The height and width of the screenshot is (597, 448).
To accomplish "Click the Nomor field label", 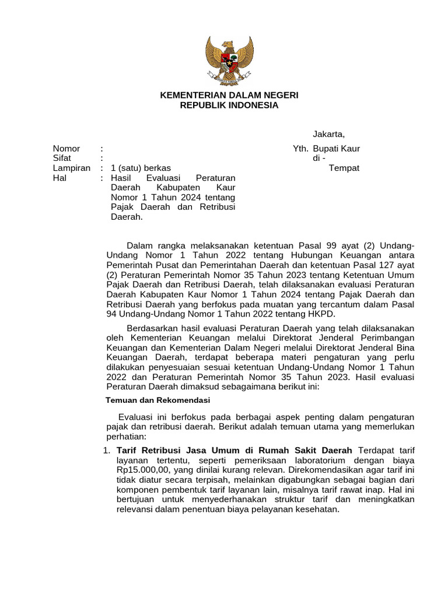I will pyautogui.click(x=66, y=149).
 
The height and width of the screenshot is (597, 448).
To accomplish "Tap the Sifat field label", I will pyautogui.click(x=62, y=158).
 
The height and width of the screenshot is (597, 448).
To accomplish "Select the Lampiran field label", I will pyautogui.click(x=71, y=168).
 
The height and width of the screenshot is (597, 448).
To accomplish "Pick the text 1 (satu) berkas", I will pyautogui.click(x=141, y=168).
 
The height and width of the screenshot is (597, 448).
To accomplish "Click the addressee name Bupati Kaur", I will pyautogui.click(x=336, y=149).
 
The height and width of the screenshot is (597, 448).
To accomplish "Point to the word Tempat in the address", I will pyautogui.click(x=344, y=168).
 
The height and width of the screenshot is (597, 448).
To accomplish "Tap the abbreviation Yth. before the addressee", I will pyautogui.click(x=300, y=149).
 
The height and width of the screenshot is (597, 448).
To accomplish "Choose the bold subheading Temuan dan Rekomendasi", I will pyautogui.click(x=157, y=401).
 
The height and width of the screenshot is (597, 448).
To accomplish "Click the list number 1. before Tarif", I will pyautogui.click(x=106, y=451).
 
